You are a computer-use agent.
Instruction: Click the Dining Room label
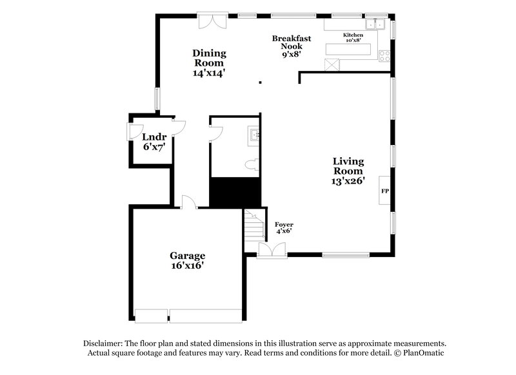coord(208,63)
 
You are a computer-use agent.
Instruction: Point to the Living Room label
coord(348,171)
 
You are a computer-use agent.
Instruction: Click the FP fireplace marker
coord(385,191)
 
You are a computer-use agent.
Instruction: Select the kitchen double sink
coord(374,24)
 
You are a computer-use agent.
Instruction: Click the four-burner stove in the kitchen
coord(384,56)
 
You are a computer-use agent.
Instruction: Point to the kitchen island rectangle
coord(349,49)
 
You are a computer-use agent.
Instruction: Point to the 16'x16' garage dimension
coord(188,265)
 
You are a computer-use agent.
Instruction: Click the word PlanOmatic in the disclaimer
coord(423,352)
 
